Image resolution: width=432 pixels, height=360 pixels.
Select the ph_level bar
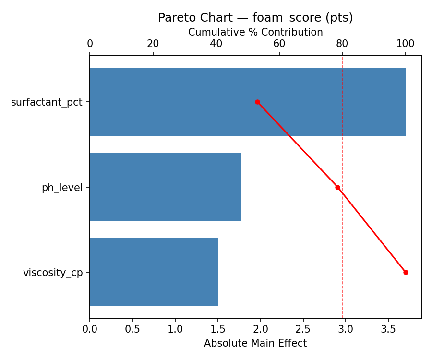tap(165, 187)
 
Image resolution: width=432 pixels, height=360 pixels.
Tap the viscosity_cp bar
tap(154, 272)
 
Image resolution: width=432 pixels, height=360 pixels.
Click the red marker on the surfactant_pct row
tap(257, 102)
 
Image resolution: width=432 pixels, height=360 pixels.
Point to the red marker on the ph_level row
tap(337, 187)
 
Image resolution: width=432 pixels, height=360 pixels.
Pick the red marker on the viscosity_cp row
tap(406, 272)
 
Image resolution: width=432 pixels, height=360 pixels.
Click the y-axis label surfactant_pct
tap(47, 102)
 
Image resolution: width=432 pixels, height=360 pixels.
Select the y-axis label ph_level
tap(62, 188)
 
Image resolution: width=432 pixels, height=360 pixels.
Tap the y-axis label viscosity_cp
tap(53, 273)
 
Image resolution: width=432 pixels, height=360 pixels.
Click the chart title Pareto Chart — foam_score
tap(255, 18)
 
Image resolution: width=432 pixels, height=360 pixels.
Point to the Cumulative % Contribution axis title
tap(255, 32)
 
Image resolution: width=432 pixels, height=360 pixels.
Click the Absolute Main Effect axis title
tap(255, 343)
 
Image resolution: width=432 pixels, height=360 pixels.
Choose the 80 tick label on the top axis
tap(342, 44)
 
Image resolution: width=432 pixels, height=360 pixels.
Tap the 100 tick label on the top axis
tap(405, 44)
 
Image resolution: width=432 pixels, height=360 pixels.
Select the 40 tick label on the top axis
tap(216, 44)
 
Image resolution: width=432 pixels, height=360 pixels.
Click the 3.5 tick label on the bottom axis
tap(388, 329)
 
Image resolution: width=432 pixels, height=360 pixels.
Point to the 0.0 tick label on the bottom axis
tap(90, 329)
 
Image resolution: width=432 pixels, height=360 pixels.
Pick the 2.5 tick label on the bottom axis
tap(303, 329)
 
